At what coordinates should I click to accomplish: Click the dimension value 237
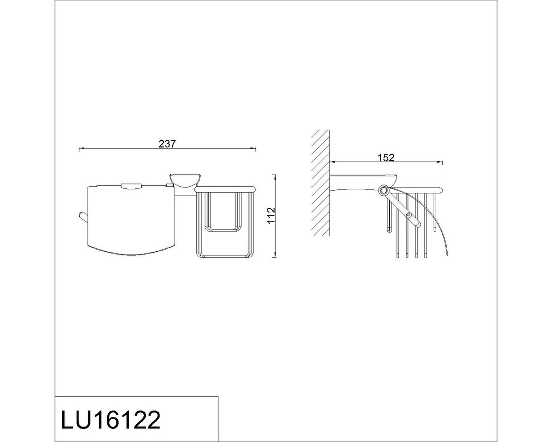[x=167, y=144]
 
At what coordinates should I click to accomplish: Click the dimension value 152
[x=386, y=158]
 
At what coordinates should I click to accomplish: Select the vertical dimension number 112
[x=272, y=215]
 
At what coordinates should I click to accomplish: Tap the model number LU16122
[x=111, y=420]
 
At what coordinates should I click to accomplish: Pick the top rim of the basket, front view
[x=225, y=190]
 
